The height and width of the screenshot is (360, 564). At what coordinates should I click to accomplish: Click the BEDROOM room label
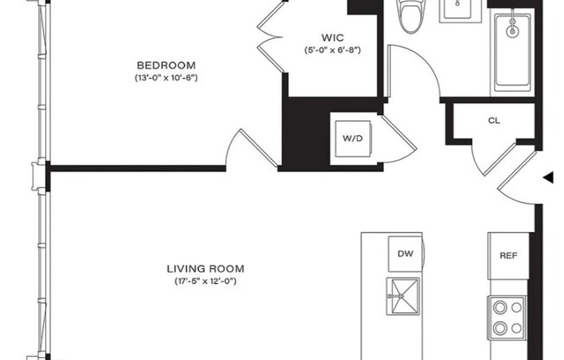166,65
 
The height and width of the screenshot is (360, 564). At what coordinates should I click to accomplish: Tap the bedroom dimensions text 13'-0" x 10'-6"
166,78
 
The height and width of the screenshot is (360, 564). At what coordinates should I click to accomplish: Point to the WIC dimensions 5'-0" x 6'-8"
332,51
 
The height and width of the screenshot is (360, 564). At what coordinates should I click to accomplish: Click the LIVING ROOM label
205,268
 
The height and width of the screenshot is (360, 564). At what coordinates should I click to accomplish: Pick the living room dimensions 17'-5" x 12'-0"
205,281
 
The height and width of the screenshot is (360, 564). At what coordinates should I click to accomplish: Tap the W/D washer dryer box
353,138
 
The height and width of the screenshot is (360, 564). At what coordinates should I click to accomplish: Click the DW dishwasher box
405,254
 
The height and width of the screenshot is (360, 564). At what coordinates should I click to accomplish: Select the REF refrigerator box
508,255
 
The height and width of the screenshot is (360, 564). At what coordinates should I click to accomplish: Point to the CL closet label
494,121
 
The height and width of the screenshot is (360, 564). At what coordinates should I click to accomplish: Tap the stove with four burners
507,317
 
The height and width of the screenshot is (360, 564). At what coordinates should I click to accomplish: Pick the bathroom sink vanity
458,10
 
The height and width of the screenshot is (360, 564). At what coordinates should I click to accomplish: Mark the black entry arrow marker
548,178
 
